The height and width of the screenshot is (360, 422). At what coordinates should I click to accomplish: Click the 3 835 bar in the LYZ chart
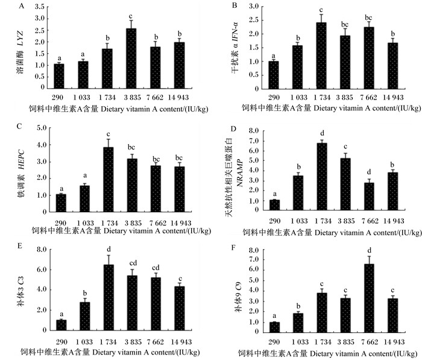[x=131, y=58]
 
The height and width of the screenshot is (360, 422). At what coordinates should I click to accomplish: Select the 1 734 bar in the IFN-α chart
[x=321, y=55]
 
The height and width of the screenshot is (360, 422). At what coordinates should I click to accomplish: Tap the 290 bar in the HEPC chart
[x=61, y=203]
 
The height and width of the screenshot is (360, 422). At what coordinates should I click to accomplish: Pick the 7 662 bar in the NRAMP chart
[x=369, y=197]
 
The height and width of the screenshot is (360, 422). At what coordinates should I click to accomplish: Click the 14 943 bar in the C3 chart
[x=180, y=309]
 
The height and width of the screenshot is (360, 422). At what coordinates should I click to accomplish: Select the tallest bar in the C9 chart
[x=369, y=298]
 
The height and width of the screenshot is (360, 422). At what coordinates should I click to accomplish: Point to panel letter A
[x=22, y=6]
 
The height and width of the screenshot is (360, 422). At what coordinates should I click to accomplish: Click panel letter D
[x=233, y=128]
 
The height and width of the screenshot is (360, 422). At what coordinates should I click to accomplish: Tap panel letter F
[x=233, y=247]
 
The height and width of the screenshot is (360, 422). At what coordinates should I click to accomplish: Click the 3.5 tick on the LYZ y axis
[x=39, y=7]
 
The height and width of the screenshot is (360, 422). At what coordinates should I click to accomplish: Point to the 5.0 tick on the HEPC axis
[x=42, y=127]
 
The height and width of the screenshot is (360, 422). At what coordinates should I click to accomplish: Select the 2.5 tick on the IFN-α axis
[x=254, y=20]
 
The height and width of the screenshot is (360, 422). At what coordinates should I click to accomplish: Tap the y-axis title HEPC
[x=21, y=159]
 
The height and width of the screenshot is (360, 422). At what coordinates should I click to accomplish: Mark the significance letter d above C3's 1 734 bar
[x=109, y=249]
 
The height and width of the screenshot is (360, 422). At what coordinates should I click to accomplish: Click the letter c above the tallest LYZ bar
[x=131, y=16]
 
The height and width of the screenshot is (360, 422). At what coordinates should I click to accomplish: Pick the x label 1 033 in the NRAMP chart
[x=299, y=221]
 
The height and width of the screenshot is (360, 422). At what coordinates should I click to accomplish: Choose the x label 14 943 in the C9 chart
[x=394, y=342]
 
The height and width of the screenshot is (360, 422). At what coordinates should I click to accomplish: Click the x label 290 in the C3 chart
[x=61, y=342]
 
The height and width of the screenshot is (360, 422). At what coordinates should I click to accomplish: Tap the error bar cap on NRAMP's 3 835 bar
[x=345, y=153]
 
